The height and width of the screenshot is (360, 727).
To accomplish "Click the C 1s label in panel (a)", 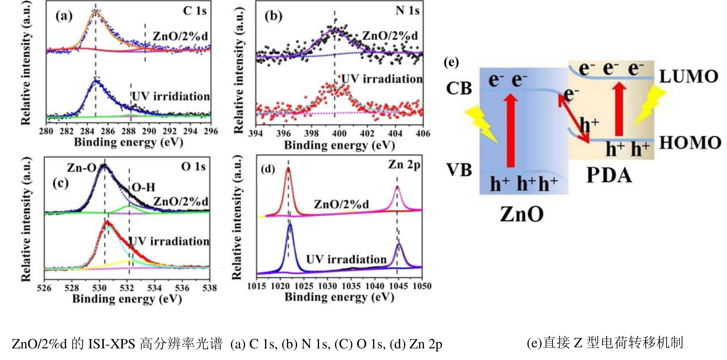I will [x=195, y=11].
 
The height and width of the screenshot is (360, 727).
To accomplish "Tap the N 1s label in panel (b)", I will [x=407, y=10].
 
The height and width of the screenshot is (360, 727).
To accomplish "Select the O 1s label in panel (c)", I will [x=193, y=166].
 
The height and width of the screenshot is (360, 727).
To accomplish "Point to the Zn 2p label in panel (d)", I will [x=404, y=164].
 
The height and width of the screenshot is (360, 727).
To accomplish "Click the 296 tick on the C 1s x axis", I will [x=211, y=131].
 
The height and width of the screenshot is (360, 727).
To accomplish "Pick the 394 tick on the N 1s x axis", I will [x=256, y=133].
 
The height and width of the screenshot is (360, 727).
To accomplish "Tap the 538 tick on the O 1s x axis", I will [x=210, y=288].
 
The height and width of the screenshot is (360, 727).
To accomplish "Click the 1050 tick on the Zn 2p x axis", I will [x=422, y=286].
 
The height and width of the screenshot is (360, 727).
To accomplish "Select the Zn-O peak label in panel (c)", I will [x=81, y=168].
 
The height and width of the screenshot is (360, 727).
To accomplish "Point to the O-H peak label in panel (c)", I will [x=143, y=187].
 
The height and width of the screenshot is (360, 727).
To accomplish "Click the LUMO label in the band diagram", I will [x=688, y=77].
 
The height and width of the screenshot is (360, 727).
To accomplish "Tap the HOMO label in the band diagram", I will [x=690, y=143].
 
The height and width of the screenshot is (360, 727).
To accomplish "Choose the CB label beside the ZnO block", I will [x=459, y=89].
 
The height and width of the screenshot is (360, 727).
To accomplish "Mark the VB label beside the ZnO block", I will [x=459, y=170].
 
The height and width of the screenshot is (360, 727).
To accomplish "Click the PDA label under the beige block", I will [x=609, y=175].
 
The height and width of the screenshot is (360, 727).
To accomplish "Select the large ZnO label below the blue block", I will [x=522, y=214].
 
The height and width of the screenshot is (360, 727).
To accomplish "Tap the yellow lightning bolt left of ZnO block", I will [x=481, y=124].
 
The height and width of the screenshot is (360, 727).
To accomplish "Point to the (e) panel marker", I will [x=451, y=62].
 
